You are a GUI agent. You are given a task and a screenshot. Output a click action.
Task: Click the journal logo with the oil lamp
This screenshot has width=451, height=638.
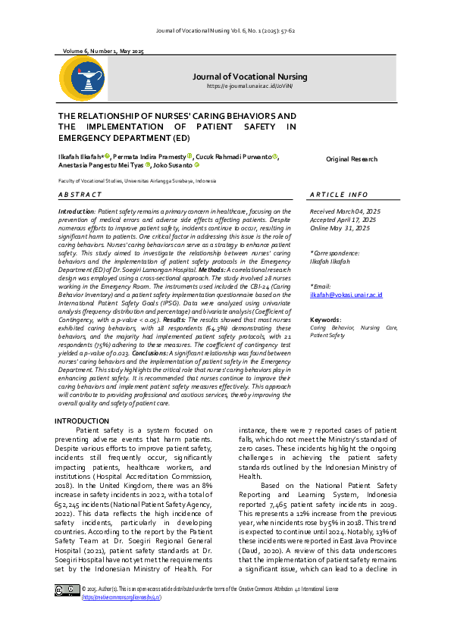pyautogui.click(x=82, y=79)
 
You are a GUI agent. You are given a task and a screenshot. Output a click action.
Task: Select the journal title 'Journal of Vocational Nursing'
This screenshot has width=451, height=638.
pyautogui.click(x=249, y=77)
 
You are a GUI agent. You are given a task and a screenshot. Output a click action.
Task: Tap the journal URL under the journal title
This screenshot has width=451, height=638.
pyautogui.click(x=250, y=86)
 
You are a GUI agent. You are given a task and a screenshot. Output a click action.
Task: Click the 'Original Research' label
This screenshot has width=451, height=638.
pyautogui.click(x=351, y=159)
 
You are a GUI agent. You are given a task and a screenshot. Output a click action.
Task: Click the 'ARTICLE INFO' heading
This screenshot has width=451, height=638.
pyautogui.click(x=339, y=195)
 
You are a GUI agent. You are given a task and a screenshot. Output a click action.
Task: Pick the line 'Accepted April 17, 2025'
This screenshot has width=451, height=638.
pyautogui.click(x=343, y=219)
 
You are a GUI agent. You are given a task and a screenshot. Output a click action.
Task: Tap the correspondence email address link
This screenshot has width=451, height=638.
pyautogui.click(x=346, y=294)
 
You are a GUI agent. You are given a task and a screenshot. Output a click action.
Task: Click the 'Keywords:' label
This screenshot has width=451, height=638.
pyautogui.click(x=325, y=320)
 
